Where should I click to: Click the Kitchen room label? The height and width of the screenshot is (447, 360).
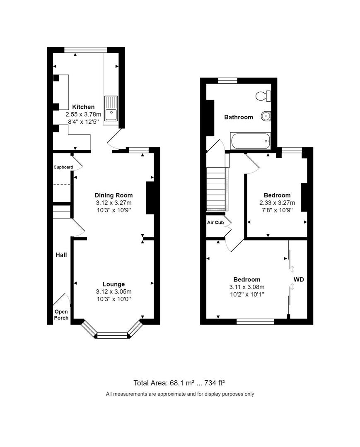pyautogui.click(x=83, y=107)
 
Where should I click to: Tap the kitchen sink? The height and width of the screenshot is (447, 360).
pyautogui.click(x=111, y=108)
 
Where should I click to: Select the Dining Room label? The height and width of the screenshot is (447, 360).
pyautogui.click(x=114, y=195)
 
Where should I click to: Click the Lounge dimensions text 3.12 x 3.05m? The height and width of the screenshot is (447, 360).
pyautogui.click(x=114, y=291)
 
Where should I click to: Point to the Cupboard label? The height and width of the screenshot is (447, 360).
pyautogui.click(x=63, y=167)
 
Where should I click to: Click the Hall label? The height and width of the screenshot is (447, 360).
pyautogui.click(x=61, y=255)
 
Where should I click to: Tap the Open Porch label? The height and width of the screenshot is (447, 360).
pyautogui.click(x=61, y=315)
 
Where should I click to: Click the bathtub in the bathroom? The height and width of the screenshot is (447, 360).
pyautogui.click(x=250, y=142)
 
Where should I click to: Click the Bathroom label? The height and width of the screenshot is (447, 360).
pyautogui.click(x=238, y=117)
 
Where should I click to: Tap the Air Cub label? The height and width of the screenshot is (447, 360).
pyautogui.click(x=215, y=222)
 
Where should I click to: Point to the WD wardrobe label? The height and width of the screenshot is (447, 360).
pyautogui.click(x=299, y=280)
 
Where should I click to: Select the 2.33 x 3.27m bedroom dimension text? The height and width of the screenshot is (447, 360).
pyautogui.click(x=277, y=203)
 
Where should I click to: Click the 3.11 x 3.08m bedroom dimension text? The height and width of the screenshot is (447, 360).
pyautogui.click(x=246, y=287)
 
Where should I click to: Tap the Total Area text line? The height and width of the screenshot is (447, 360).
pyautogui.click(x=179, y=383)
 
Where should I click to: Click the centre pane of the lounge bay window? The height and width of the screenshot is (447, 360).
pyautogui.click(x=112, y=335)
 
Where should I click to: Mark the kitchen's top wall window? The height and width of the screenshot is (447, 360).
pyautogui.click(x=86, y=50)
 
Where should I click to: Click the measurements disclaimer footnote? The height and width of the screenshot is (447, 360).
pyautogui.click(x=180, y=394)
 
